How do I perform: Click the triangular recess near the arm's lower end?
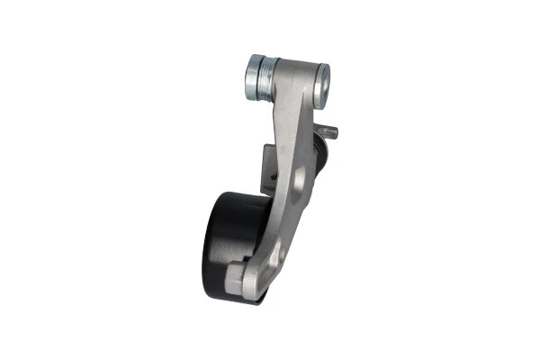click(271, 256)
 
